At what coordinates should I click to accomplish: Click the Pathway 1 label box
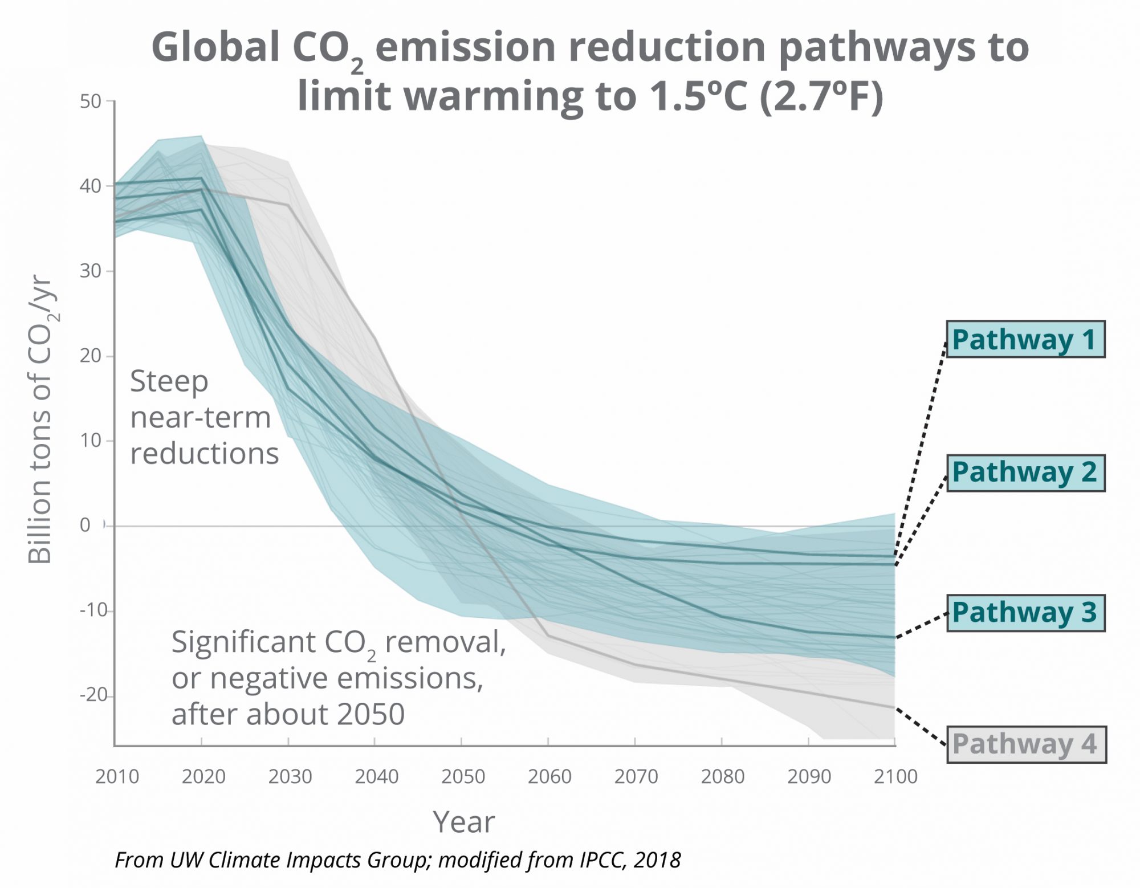click(x=1025, y=340)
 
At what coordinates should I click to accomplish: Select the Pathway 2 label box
click(x=1025, y=472)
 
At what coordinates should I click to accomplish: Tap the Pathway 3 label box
click(x=1025, y=613)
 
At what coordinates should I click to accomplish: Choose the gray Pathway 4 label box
click(x=1025, y=744)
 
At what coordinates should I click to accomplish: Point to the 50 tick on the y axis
click(x=90, y=102)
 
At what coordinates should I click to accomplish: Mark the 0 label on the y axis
click(x=85, y=525)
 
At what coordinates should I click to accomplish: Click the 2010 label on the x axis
click(x=117, y=776)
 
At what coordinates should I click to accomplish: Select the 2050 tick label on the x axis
click(x=463, y=776)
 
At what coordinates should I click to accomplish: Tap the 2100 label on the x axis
click(x=895, y=776)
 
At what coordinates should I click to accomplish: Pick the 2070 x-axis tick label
click(x=636, y=776)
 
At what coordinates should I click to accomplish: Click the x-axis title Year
click(x=464, y=822)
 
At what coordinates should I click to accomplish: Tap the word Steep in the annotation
click(x=169, y=381)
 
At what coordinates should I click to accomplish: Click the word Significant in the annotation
click(x=243, y=642)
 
